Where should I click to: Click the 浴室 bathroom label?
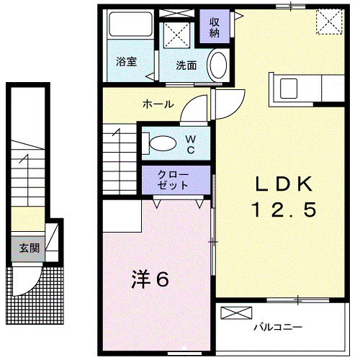coord(127,61)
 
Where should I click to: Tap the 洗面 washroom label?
coord(186,65)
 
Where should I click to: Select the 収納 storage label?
coord(215,27)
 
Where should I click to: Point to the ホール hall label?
coord(157,104)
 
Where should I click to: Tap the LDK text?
coord(283,185)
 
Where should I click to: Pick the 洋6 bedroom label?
coord(150,279)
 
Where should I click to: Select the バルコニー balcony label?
coord(277,328)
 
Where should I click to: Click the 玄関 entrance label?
coord(29,248)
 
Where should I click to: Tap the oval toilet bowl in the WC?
coord(163,142)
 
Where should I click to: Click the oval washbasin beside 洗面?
coord(217,64)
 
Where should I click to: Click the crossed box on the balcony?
coord(238,312)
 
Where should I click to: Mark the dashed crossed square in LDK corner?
coord(329,22)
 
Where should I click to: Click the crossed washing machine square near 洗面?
coord(176,36)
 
